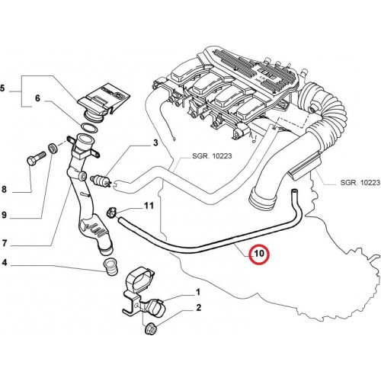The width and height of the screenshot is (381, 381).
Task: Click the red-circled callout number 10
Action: [259, 254]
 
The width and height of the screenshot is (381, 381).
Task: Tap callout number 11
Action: [149, 205]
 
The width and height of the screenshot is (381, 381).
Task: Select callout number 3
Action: [155, 142]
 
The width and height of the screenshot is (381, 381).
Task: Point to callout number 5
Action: [2, 88]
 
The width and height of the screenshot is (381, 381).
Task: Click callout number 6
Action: [37, 98]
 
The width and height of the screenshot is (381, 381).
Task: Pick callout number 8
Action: [4, 189]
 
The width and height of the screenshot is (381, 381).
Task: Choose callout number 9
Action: [4, 215]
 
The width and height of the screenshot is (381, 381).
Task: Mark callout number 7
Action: [4, 243]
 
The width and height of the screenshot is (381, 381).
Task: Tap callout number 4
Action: [4, 262]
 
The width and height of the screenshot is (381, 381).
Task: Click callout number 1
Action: [198, 293]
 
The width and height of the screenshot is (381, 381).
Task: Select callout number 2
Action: [198, 308]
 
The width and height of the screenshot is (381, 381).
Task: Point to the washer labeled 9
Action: [53, 148]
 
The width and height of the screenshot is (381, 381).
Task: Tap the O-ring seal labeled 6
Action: [89, 128]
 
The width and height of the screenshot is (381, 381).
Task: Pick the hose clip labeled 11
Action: [111, 213]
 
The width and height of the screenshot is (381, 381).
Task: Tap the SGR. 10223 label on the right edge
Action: [360, 182]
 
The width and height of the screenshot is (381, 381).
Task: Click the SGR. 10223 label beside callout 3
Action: [212, 155]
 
